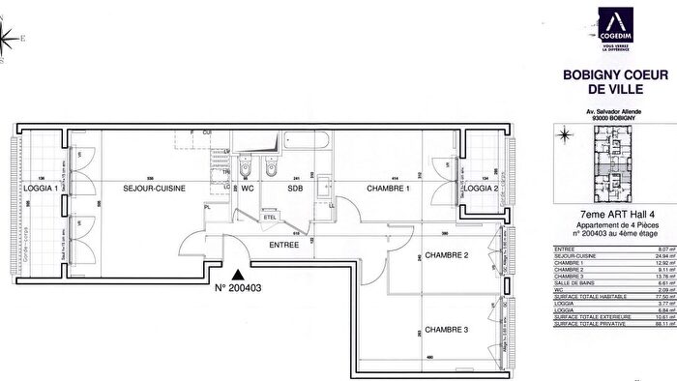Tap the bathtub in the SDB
click(300, 144)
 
